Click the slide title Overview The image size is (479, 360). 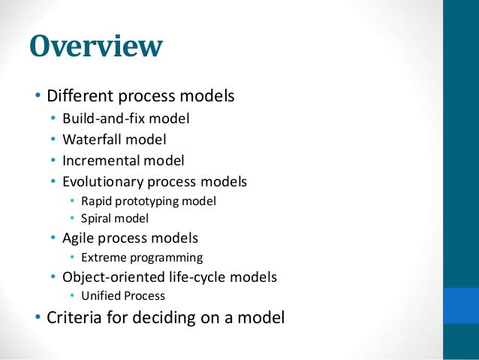[95, 47]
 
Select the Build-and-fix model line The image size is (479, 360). [125, 118]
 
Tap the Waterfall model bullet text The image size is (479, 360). [114, 139]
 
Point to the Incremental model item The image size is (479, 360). [123, 160]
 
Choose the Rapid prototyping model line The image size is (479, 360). [148, 201]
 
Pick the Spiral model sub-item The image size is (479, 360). [115, 219]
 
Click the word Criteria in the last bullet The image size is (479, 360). [74, 318]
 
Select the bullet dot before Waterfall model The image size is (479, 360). [53, 140]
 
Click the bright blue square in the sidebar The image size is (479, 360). [461, 305]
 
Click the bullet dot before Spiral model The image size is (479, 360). [73, 219]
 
